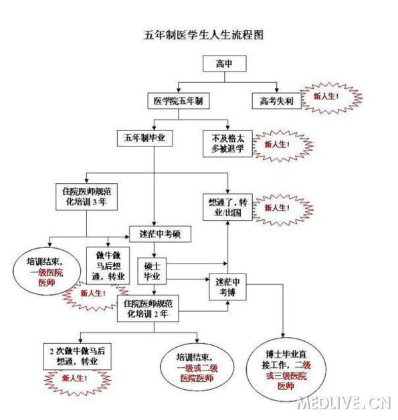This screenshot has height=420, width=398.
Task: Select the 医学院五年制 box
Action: coord(178,101)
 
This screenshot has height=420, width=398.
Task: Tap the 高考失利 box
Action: coord(272,101)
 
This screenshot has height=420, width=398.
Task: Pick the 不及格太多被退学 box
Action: coord(228,143)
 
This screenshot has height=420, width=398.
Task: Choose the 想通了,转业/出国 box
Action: coord(228,207)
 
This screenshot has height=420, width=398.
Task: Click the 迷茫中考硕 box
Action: coord(160,234)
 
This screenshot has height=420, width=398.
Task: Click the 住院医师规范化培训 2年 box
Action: coord(151,308)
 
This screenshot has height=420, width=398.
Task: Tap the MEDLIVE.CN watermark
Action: coord(342,403)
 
